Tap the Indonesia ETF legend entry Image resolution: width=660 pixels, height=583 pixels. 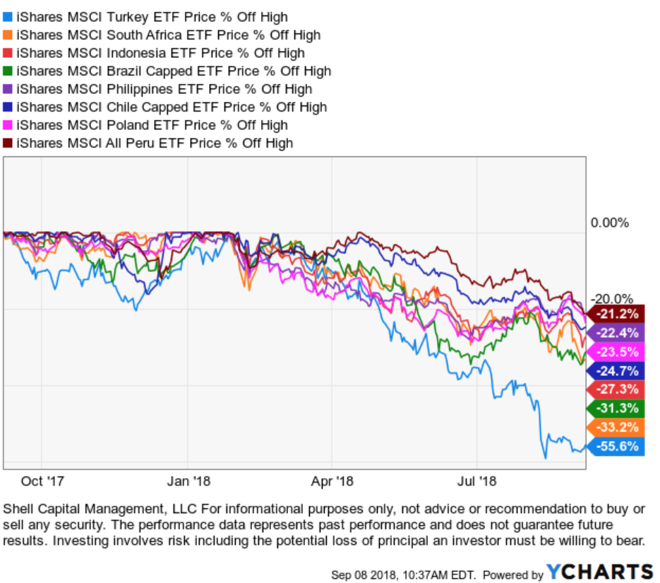click(x=160, y=53)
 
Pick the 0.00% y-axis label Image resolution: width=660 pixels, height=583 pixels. click(x=608, y=223)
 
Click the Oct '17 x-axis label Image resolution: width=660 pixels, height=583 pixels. click(x=43, y=482)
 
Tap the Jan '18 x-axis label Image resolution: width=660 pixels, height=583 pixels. click(x=189, y=482)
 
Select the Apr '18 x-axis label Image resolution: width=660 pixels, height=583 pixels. click(x=332, y=482)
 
